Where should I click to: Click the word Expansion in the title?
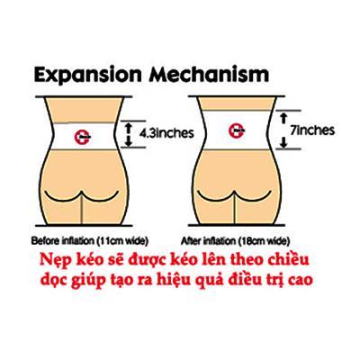point(87,75)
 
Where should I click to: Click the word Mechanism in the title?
point(209,74)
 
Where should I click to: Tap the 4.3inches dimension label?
point(166,132)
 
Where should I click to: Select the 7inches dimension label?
point(312,130)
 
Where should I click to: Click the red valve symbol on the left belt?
point(83,138)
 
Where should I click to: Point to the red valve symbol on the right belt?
point(237,130)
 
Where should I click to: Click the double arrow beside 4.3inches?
point(129,134)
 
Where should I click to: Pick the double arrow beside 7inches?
point(283,130)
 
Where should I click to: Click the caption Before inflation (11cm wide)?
point(90,240)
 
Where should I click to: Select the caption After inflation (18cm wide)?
point(236,240)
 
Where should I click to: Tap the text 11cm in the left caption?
point(110,240)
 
